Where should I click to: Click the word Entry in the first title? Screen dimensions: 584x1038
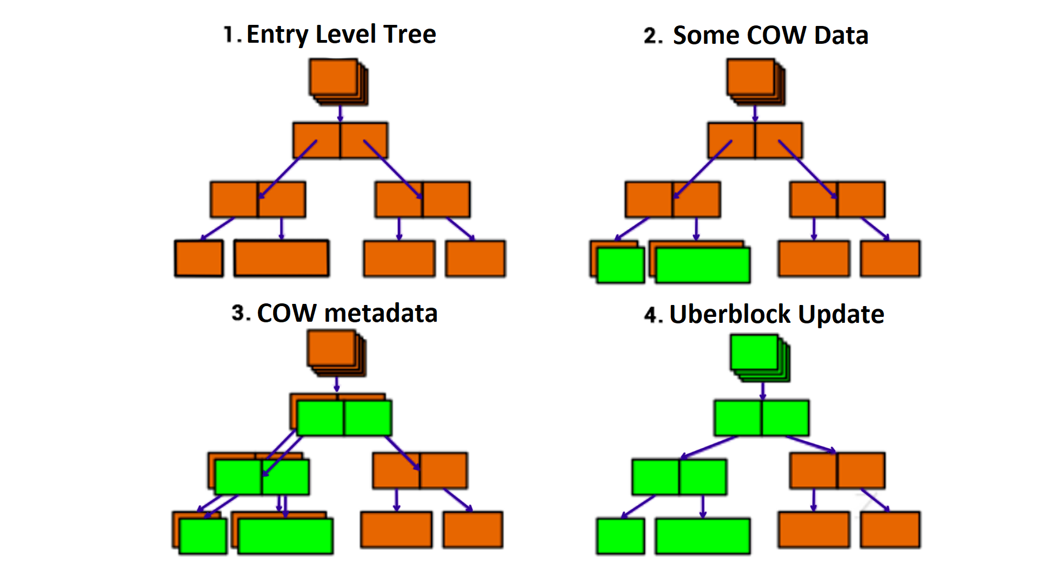click(x=277, y=35)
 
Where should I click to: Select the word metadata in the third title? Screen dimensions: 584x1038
click(x=381, y=313)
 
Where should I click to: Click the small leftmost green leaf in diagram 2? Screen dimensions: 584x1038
click(x=621, y=265)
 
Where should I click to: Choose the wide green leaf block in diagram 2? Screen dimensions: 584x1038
click(x=703, y=265)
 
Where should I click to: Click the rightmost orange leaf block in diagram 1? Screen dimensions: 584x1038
click(x=475, y=258)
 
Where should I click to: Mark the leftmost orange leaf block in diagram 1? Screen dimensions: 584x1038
click(x=199, y=258)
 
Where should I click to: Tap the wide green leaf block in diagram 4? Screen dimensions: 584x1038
click(x=703, y=536)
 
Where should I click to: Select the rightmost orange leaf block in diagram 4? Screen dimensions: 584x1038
click(x=890, y=529)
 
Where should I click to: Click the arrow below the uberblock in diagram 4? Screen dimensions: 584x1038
click(x=763, y=390)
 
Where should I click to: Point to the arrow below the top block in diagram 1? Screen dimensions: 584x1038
click(x=340, y=113)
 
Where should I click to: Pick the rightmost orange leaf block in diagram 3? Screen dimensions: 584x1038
click(x=473, y=529)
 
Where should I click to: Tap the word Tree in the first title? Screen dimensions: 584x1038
click(x=411, y=35)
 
